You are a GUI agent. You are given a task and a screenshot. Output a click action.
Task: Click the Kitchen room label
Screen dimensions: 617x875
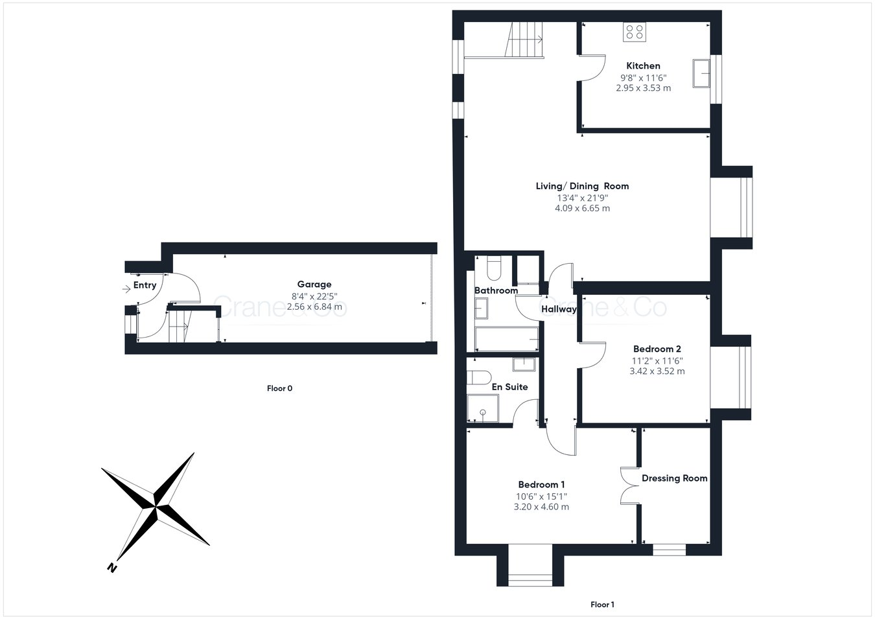[x=643, y=65]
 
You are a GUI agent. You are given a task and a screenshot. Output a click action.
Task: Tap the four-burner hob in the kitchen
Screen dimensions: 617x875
[x=634, y=32]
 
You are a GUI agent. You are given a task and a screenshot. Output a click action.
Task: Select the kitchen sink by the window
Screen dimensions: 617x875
[x=701, y=73]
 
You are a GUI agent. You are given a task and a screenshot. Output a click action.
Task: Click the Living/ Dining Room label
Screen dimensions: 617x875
[x=582, y=186]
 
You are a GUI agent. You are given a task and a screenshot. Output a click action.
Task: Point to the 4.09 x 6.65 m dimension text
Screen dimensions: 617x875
[x=582, y=208]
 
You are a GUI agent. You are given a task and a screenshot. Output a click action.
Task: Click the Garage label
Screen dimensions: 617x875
[x=314, y=284]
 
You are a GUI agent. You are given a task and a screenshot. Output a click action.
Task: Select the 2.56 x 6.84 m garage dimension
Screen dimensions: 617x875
[x=314, y=306]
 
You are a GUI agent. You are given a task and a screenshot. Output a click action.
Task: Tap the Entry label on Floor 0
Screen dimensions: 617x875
[x=145, y=285]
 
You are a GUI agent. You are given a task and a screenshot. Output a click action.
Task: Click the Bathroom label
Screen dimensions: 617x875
[x=496, y=290]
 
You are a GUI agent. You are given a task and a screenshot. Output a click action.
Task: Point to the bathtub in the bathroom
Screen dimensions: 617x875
[x=506, y=338]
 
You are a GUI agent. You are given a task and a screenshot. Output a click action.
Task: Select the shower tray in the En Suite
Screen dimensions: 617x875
[x=483, y=408]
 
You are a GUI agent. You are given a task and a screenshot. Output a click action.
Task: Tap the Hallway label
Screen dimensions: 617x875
[x=559, y=309]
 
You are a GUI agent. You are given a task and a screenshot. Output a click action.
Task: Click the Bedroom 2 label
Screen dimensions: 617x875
[x=657, y=349]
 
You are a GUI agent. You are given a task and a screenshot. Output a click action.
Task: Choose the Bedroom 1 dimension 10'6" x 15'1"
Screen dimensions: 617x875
[x=541, y=496]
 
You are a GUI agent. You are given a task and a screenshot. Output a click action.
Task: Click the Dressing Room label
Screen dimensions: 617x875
[x=674, y=478]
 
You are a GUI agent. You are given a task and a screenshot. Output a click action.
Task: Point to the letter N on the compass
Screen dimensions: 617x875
[x=111, y=568]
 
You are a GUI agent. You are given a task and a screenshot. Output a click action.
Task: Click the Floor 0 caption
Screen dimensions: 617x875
[x=280, y=388]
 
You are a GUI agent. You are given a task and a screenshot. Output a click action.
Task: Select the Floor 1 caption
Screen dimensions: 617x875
[x=602, y=605]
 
